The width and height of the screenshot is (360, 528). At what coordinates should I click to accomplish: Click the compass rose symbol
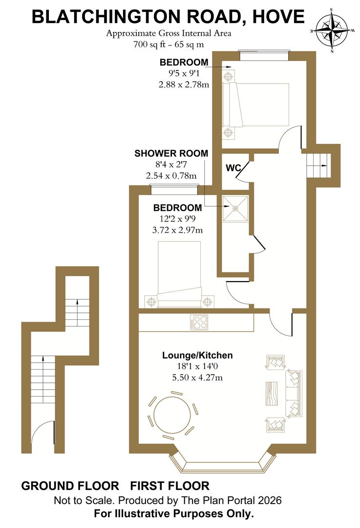coord(332,29)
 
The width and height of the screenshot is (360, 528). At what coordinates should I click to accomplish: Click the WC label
coord(233,168)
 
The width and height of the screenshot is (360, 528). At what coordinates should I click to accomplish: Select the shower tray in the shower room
coord(235,208)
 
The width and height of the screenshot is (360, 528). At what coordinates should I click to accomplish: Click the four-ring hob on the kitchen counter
coord(200,322)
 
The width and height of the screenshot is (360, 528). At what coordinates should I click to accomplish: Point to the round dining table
coord(172,415)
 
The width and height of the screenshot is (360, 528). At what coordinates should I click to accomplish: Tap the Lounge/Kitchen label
coord(197,355)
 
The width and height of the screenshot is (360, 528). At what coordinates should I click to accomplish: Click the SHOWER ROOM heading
coord(171,154)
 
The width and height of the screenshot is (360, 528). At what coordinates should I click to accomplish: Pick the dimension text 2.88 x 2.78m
coord(184,85)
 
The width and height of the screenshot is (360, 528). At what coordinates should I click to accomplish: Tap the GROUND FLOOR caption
coord(70,486)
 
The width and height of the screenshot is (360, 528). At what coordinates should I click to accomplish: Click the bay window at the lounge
coord(222,464)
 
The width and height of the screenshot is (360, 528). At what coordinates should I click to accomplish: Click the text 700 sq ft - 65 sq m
coord(168,44)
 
